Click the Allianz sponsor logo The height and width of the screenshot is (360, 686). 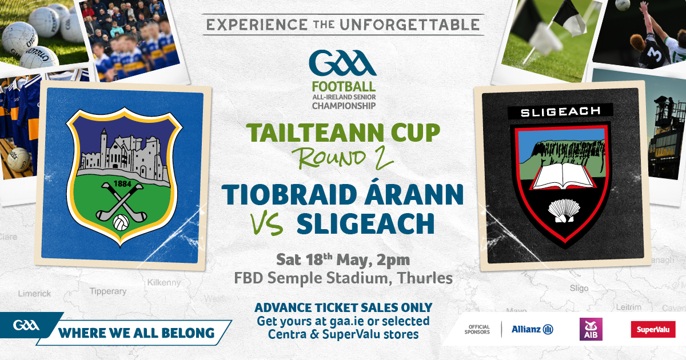point(532,329)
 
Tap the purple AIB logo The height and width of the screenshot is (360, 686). point(591,329)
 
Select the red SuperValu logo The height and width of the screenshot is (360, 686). point(653,329)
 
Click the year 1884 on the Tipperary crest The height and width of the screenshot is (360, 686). point(122,183)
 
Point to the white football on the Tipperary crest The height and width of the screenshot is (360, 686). point(121,222)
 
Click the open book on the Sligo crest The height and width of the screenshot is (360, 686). point(563,177)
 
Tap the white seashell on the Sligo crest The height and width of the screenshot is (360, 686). point(564,211)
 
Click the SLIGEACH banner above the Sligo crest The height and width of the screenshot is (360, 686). point(560,111)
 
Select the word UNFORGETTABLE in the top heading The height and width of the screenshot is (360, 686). point(410,25)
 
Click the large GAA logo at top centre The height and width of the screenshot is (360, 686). point(343,63)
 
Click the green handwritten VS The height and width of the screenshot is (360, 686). point(267,224)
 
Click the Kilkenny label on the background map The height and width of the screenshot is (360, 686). point(164,282)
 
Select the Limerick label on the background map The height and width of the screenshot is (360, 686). point(34,294)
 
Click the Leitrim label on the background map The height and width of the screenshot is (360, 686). point(629,307)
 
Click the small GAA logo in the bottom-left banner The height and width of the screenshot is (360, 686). point(26,325)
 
